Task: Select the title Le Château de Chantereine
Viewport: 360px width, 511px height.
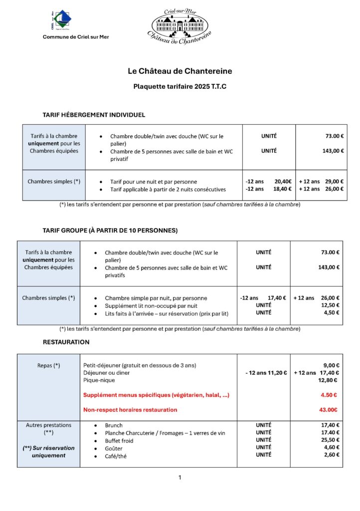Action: [x=180, y=71]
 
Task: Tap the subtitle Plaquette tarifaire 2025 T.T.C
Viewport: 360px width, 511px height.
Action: [x=180, y=86]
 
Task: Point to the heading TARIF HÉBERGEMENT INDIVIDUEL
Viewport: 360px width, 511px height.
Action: [x=94, y=115]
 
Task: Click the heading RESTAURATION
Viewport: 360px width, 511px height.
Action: [x=66, y=342]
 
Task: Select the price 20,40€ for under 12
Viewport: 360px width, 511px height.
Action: [x=283, y=182]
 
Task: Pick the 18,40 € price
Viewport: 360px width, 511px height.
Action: [x=283, y=189]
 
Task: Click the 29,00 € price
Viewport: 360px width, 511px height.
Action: [x=335, y=182]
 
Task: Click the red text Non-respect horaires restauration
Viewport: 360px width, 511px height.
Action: [x=130, y=410]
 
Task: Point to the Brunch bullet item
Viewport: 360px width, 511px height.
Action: [x=114, y=426]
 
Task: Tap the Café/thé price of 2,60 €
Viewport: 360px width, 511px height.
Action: [x=331, y=455]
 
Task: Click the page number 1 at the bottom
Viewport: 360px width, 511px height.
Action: [x=180, y=478]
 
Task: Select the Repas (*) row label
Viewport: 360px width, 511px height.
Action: [x=48, y=365]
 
